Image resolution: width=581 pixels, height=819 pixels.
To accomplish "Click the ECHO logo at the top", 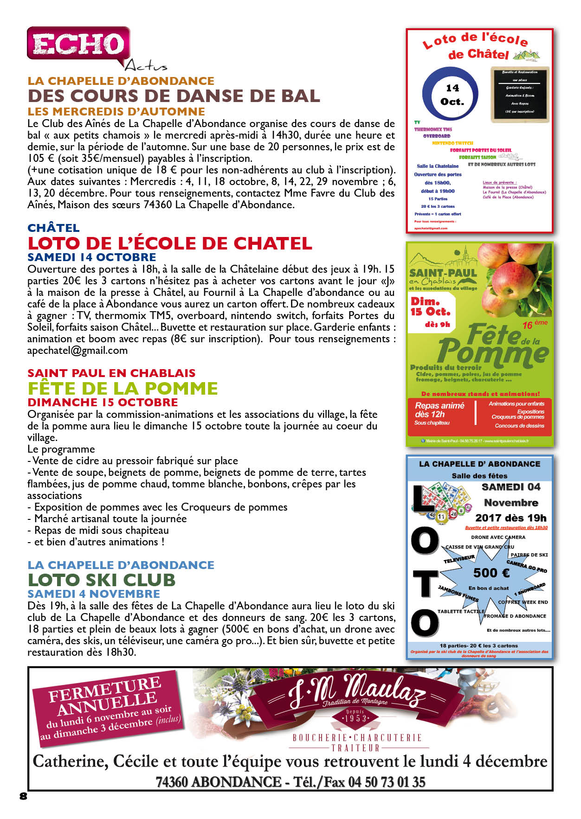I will (78, 45).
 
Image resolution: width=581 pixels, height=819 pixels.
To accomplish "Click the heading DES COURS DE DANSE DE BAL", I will (174, 96).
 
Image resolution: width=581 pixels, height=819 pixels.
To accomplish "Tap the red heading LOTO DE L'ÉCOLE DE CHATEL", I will (170, 243).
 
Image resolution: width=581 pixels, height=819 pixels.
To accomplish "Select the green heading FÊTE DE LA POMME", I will (123, 388).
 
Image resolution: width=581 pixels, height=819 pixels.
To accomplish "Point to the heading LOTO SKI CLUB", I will (102, 580).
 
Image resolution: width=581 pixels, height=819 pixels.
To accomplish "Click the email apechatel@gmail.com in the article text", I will (77, 351).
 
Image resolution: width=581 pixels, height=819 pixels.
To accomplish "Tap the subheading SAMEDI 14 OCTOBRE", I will (92, 257).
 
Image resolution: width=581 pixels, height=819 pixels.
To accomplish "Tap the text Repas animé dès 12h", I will (439, 409).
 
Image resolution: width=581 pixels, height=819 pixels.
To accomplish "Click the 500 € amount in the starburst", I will (491, 573).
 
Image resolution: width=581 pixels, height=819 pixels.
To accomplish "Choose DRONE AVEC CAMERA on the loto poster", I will (498, 537).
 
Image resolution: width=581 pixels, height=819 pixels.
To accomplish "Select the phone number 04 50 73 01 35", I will (387, 782).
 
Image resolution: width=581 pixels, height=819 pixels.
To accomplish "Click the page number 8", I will (24, 796).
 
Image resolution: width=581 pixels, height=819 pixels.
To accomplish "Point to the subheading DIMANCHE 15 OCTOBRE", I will (103, 402).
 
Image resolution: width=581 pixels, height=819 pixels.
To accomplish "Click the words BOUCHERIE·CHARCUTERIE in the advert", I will (357, 737).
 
